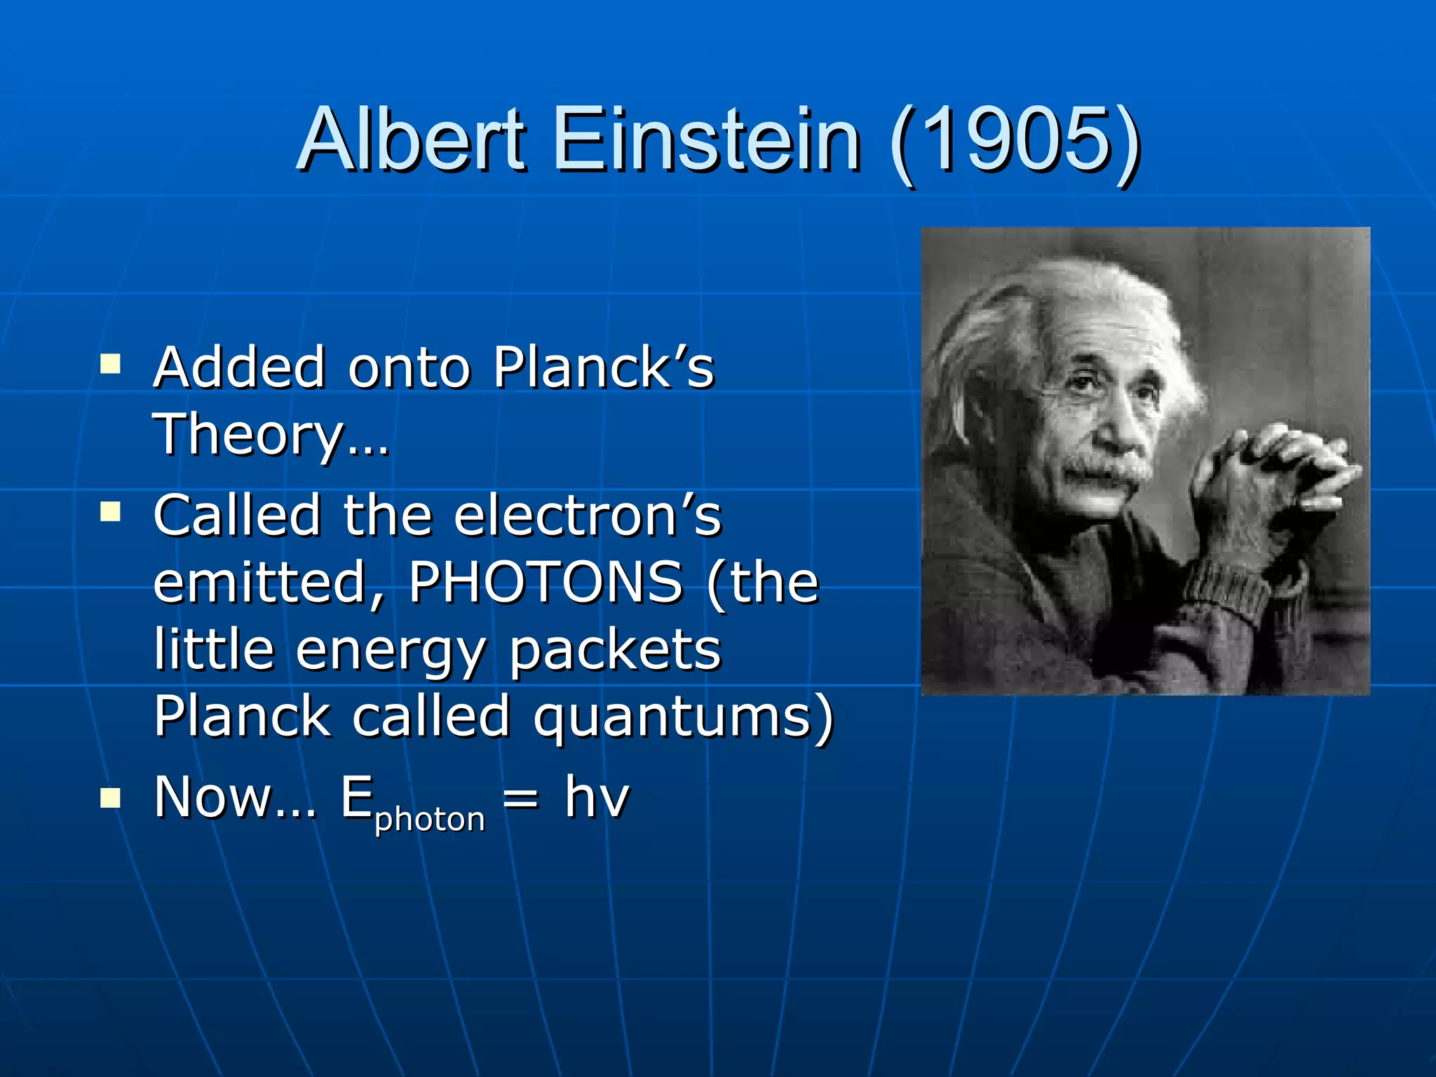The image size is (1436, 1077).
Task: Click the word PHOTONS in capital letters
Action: point(546,581)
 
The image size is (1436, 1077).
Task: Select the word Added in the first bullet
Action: point(239,367)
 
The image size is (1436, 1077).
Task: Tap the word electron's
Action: point(588,515)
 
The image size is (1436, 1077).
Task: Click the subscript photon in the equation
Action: point(430,819)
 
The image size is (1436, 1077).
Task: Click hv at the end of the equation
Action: point(597,797)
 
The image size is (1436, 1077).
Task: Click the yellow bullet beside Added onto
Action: point(110,364)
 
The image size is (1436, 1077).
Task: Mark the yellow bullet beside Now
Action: point(110,798)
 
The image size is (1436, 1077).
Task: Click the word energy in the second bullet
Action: point(390,651)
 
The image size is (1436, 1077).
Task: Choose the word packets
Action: point(614,649)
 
